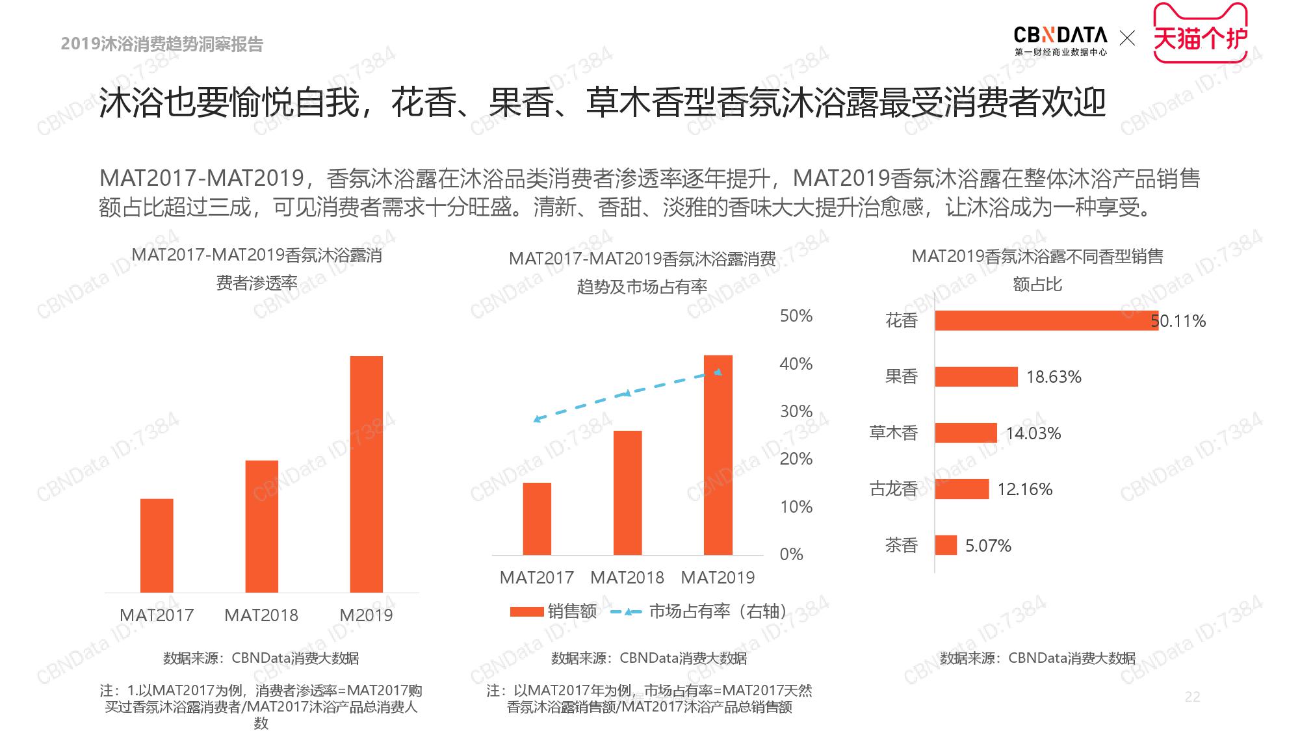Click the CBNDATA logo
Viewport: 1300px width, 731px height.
1060,40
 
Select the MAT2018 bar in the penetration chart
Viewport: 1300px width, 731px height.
261,526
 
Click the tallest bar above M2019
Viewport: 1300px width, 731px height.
366,474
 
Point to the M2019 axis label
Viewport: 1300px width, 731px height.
366,615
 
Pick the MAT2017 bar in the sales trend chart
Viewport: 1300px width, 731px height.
537,519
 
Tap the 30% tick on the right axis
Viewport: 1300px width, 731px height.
796,411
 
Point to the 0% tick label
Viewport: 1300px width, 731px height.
791,554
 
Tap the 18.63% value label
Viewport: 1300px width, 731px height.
1054,377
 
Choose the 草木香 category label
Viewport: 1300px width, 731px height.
893,433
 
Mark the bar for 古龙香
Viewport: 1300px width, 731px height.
962,489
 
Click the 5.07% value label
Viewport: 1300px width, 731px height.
988,546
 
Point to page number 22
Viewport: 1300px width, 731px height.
1192,697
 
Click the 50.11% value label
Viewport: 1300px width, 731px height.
1178,321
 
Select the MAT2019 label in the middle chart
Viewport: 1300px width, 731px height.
718,578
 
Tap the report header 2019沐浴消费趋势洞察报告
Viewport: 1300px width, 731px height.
162,44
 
